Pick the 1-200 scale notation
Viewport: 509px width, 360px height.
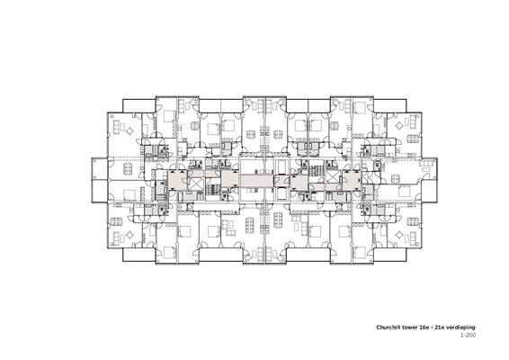(469, 335)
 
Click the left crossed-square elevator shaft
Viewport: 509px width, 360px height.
(195, 184)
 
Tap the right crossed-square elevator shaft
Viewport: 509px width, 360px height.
(332, 176)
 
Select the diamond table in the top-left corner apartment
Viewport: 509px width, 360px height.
(129, 131)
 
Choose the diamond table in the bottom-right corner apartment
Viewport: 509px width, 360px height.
(399, 234)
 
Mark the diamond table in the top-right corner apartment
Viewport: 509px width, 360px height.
(399, 125)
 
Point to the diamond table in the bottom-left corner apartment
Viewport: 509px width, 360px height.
(129, 234)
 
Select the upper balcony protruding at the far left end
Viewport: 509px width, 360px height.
(99, 168)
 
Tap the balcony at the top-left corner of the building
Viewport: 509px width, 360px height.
(138, 105)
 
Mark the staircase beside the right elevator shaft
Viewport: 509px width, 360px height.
(315, 171)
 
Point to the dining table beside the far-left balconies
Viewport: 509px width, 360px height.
(129, 168)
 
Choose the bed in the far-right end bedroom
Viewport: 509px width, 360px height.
(404, 191)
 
